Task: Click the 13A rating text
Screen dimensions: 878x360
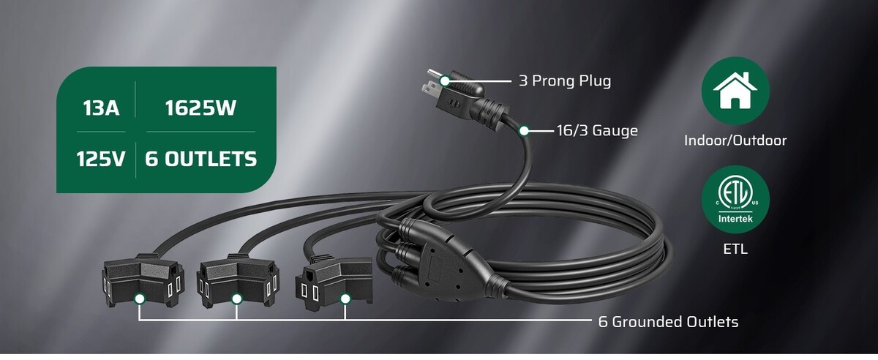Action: tap(101, 108)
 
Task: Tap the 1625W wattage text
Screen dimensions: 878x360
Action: tap(200, 108)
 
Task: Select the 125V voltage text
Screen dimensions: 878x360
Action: tap(101, 160)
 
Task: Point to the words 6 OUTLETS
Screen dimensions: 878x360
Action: tap(201, 160)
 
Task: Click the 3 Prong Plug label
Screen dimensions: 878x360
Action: tap(565, 80)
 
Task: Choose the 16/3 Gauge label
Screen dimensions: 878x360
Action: tap(597, 130)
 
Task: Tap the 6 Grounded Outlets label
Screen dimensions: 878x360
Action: tap(668, 321)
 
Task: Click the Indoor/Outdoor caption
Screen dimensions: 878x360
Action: tap(735, 140)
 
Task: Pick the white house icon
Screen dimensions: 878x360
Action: tap(735, 91)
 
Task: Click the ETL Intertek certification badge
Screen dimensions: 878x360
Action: tap(735, 200)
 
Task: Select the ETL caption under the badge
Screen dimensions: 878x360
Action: tap(735, 249)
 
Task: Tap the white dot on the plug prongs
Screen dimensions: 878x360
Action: tap(445, 81)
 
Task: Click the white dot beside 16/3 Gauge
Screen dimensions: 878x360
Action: tap(524, 130)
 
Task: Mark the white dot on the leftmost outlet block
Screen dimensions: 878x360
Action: tap(139, 299)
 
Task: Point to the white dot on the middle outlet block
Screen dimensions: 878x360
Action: tap(236, 299)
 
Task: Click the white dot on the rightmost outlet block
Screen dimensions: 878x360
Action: tap(345, 299)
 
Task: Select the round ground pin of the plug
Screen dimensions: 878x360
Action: tap(433, 73)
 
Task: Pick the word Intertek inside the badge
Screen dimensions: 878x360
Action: tap(735, 219)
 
